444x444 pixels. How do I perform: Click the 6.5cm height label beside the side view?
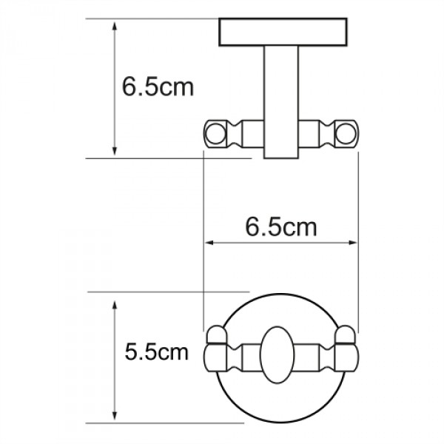tap(158, 87)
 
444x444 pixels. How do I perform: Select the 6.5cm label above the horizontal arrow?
tap(280, 226)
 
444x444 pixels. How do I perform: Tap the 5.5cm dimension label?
tap(157, 352)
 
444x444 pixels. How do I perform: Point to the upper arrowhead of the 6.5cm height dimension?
tap(115, 27)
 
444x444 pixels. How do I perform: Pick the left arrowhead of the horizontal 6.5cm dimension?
tap(209, 242)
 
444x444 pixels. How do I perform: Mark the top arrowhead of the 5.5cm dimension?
tap(115, 306)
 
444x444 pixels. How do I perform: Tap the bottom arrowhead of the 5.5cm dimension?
tap(115, 416)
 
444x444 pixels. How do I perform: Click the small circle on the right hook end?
tap(346, 134)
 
